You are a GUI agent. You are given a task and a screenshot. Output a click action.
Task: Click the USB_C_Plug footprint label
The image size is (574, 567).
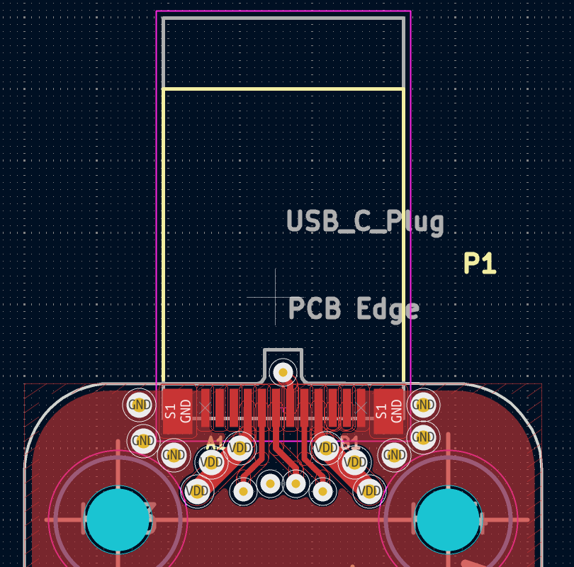(365, 222)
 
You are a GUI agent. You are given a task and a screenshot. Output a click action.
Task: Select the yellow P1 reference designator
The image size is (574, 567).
(480, 264)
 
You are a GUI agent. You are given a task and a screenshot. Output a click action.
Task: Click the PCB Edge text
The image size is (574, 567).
(354, 309)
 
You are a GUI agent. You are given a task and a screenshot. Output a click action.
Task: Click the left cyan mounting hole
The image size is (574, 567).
(118, 519)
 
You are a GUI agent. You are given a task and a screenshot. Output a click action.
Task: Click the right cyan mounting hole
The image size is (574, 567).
(448, 519)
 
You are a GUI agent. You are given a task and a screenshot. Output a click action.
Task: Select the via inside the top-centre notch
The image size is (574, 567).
(283, 371)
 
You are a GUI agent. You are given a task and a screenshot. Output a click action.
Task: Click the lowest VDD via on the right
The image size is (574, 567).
(369, 490)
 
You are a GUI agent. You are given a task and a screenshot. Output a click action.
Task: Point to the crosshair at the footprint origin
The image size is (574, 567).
(276, 298)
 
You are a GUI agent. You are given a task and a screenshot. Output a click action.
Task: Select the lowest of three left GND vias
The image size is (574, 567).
(173, 455)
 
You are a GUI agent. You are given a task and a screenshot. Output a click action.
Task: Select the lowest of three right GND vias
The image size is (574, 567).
(393, 455)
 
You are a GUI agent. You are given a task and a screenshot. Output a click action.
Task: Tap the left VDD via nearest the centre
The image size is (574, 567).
(240, 448)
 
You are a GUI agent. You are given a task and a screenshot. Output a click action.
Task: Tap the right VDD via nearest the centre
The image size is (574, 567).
(326, 448)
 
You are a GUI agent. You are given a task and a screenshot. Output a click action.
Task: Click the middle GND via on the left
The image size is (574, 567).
(144, 440)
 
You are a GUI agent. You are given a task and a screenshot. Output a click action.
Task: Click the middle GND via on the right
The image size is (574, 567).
(422, 437)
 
